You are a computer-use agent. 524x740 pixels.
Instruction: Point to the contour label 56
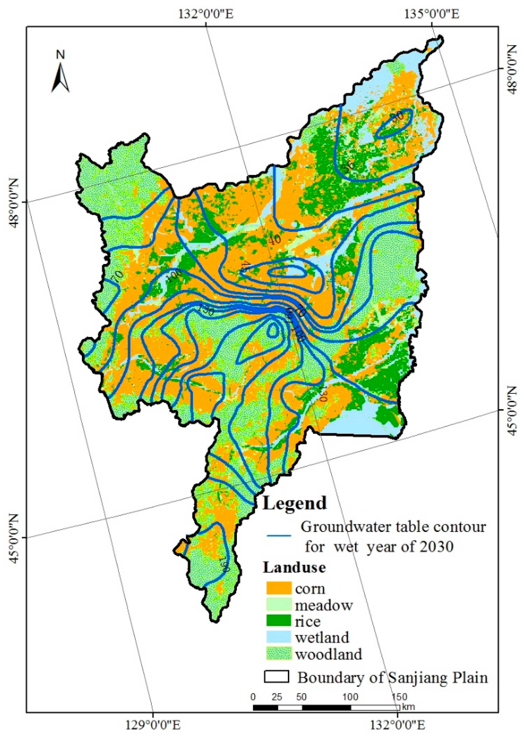(348, 166)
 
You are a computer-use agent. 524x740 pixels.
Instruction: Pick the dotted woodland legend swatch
(279, 654)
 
